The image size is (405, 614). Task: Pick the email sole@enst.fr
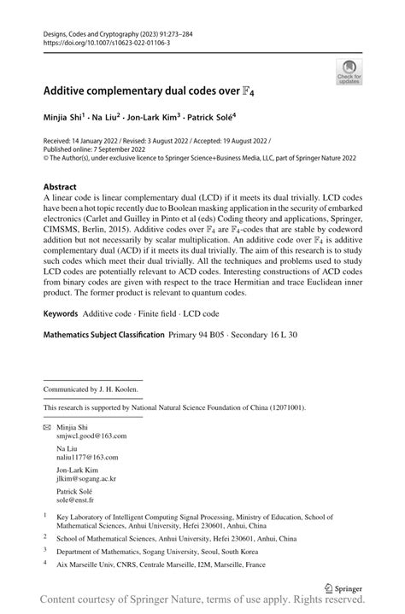click(74, 500)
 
